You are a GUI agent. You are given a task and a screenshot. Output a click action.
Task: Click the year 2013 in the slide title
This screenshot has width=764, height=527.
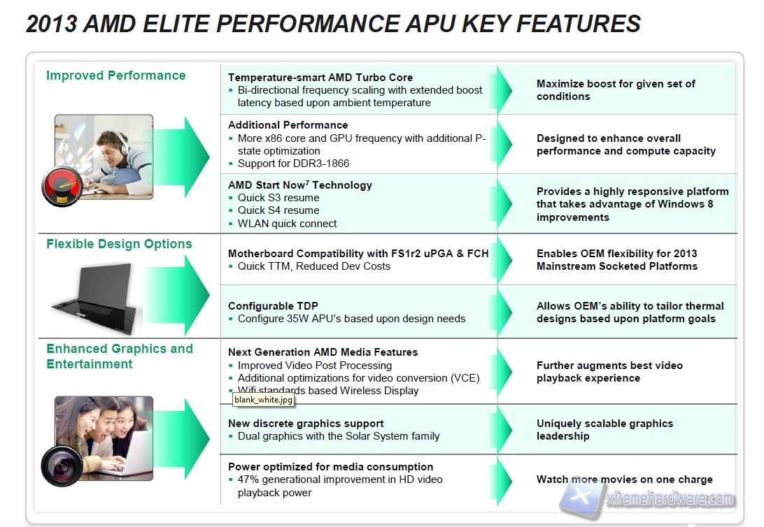click(x=50, y=24)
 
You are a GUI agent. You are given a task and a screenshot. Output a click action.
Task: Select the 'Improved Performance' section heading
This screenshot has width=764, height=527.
click(x=116, y=75)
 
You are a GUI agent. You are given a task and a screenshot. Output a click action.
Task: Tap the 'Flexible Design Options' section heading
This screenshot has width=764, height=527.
click(x=119, y=244)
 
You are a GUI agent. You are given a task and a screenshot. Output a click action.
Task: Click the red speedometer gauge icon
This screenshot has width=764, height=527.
click(x=62, y=187)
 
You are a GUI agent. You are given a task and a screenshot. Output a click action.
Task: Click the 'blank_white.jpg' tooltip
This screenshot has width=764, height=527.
click(x=263, y=400)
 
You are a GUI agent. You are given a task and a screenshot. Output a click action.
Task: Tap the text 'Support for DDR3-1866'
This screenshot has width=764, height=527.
click(x=293, y=163)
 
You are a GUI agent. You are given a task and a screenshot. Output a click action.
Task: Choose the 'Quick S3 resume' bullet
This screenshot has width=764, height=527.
click(x=278, y=198)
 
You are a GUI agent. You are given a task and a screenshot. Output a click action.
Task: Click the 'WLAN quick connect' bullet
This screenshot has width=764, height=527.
click(x=287, y=224)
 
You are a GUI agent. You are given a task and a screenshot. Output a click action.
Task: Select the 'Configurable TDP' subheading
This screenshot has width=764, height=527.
click(x=273, y=305)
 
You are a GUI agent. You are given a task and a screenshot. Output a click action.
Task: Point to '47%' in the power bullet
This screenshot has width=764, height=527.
click(x=250, y=479)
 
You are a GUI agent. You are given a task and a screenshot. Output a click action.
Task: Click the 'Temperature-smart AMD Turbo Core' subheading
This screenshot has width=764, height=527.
click(x=320, y=78)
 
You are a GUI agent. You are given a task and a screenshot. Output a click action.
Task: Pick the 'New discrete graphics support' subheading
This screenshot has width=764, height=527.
click(x=306, y=423)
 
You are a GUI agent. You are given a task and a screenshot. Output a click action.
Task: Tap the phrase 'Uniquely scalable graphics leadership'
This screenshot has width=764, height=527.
click(x=604, y=430)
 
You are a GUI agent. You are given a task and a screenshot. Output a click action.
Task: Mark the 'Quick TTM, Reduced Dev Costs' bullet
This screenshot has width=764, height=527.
click(x=314, y=266)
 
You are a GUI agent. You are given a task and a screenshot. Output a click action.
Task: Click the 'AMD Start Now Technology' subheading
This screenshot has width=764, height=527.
click(x=300, y=185)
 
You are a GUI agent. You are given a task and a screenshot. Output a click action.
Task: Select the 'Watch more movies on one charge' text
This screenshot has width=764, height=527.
click(x=624, y=479)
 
